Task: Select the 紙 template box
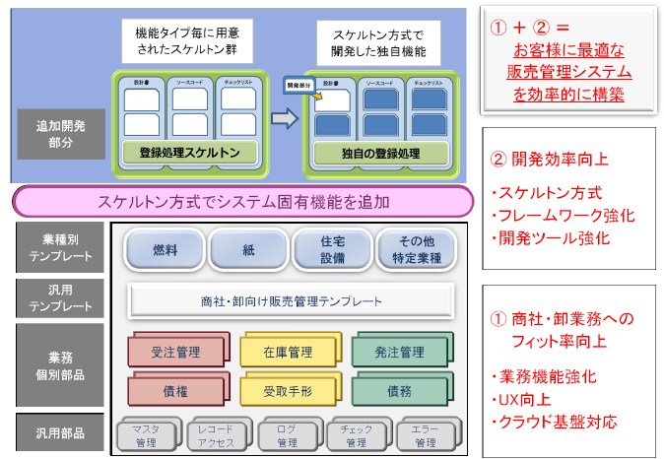click(x=247, y=249)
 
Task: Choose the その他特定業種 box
click(x=415, y=249)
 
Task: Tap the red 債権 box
click(x=177, y=391)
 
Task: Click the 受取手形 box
click(x=288, y=391)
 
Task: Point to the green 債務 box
click(x=399, y=391)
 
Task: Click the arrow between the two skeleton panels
click(x=284, y=119)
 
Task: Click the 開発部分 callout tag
click(x=297, y=87)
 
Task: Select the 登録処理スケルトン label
click(x=189, y=154)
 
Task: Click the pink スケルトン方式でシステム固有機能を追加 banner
click(x=243, y=202)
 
